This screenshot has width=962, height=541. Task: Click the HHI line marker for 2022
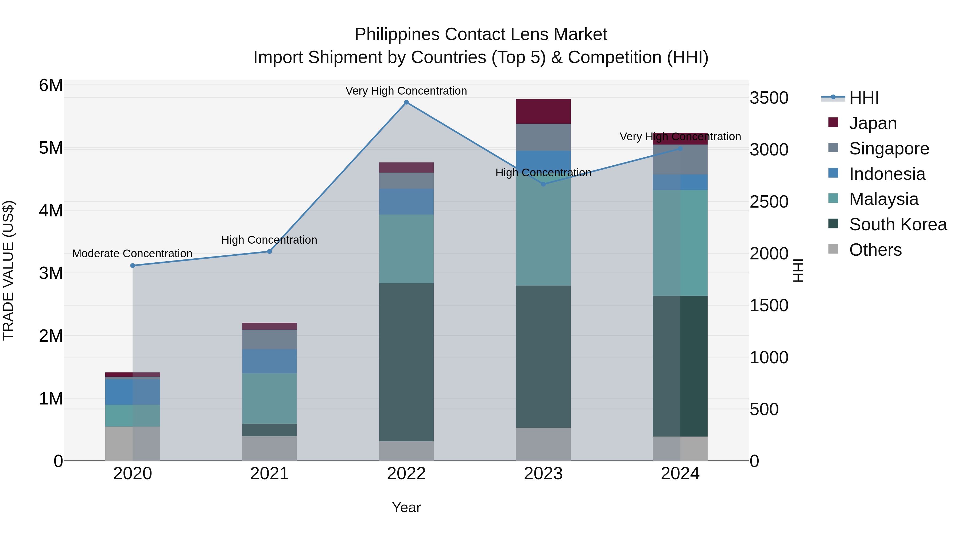406,102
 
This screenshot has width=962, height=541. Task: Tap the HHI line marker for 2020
133,266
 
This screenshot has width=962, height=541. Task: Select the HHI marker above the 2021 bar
269,251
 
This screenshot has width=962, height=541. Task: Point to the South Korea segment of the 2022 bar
406,362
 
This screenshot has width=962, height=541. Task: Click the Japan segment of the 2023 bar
543,111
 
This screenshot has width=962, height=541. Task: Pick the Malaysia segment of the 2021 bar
269,398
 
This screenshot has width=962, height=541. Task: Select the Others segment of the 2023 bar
543,444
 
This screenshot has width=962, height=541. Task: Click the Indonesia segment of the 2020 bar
133,392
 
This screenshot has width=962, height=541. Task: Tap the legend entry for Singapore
889,149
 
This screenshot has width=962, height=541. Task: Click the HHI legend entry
863,98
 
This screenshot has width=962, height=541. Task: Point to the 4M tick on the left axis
51,211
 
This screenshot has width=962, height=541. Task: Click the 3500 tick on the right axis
769,98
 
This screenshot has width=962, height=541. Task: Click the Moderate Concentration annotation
132,254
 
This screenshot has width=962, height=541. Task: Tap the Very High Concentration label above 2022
406,91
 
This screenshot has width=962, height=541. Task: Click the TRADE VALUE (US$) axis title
8,270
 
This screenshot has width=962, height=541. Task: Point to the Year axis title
406,507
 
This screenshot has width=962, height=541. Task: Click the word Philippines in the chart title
396,34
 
